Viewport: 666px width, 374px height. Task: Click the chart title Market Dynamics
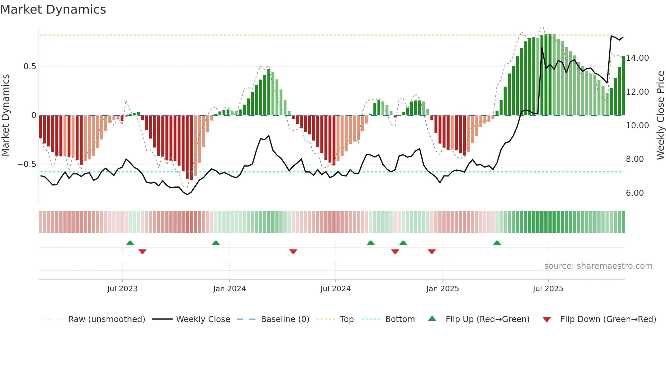[x=53, y=10]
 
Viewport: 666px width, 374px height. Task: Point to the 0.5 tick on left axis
[x=30, y=67]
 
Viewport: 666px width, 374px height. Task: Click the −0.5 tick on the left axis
[x=27, y=164]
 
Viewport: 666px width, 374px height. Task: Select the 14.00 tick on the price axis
[x=637, y=58]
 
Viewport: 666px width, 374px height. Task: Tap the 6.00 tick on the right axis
[x=635, y=193]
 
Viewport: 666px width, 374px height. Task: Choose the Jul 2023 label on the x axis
[x=122, y=289]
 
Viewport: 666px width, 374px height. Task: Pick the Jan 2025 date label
[x=442, y=289]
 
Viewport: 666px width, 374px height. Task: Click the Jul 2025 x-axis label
[x=548, y=289]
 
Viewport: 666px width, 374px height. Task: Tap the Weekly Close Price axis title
[x=660, y=115]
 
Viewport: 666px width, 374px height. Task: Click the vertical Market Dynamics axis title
[x=6, y=115]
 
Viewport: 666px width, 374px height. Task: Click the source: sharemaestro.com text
[x=598, y=266]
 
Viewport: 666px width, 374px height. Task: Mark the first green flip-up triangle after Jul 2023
[x=130, y=243]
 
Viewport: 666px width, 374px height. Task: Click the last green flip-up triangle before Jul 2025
[x=497, y=243]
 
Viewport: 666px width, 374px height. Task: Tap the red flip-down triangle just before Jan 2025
[x=432, y=251]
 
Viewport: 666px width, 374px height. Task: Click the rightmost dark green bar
[x=623, y=86]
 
